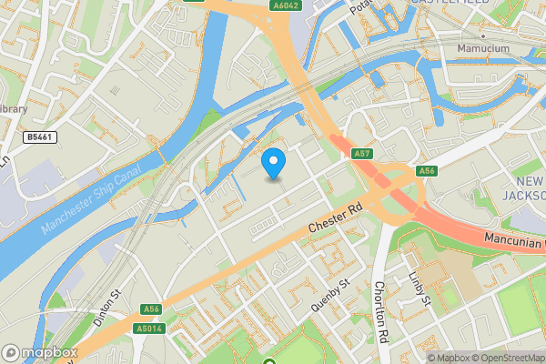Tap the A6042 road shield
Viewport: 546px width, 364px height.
click(286, 5)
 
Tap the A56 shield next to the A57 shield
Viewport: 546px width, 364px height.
click(426, 171)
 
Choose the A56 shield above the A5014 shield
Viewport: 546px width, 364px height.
click(151, 309)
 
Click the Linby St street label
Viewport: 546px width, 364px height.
click(419, 289)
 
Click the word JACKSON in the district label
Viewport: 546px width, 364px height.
click(526, 195)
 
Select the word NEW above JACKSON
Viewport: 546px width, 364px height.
click(528, 180)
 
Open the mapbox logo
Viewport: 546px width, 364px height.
click(40, 353)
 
